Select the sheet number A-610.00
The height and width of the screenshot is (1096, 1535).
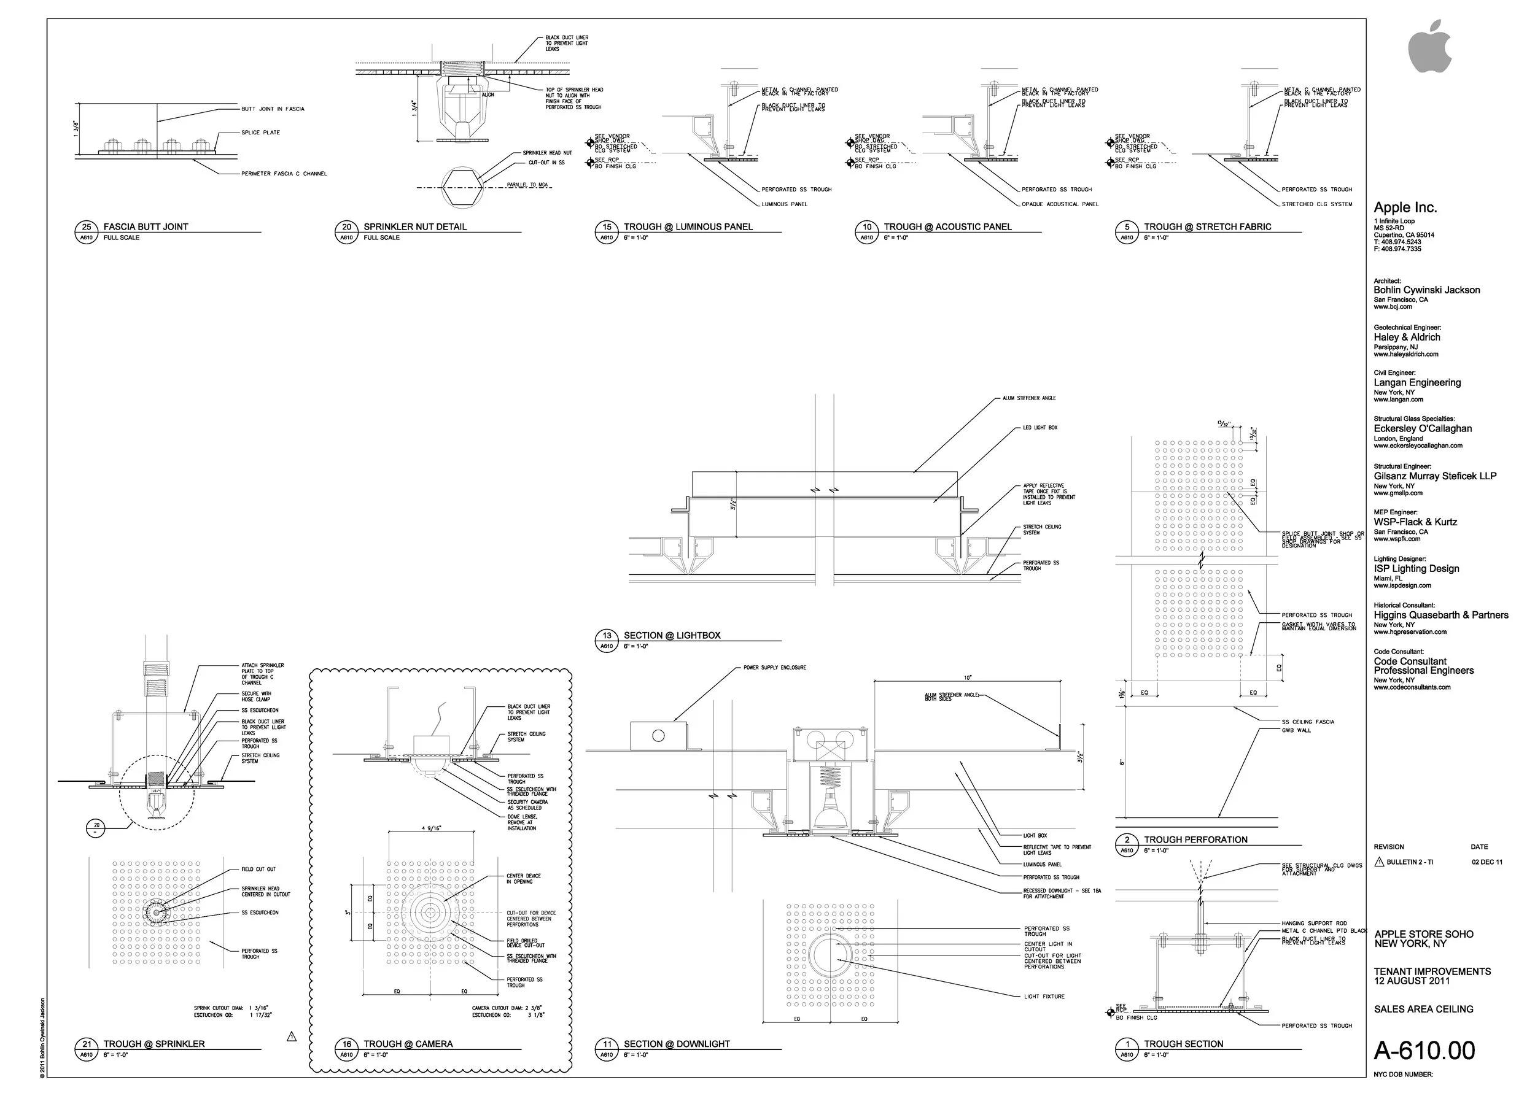coord(1424,1050)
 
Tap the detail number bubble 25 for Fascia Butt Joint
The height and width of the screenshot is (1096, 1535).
coord(87,227)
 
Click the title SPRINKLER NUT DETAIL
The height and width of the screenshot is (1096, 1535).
coord(414,227)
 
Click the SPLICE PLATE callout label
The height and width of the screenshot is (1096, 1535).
coord(261,133)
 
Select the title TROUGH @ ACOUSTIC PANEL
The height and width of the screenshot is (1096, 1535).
coord(947,227)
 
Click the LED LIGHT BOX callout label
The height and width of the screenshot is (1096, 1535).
coord(1040,428)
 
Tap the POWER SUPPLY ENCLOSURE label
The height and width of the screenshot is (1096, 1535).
coord(775,668)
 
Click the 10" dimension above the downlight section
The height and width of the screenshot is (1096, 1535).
coord(968,677)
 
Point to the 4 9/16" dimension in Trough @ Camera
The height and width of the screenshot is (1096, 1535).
coord(432,828)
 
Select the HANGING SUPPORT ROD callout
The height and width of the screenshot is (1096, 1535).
coord(1313,923)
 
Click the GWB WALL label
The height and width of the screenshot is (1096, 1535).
coord(1296,730)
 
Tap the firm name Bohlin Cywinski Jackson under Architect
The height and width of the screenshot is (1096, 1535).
coord(1426,290)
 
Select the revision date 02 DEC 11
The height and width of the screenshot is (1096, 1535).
coord(1487,862)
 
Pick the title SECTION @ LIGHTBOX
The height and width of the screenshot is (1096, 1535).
coord(671,635)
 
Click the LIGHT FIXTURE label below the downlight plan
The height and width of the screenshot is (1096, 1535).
coord(1044,996)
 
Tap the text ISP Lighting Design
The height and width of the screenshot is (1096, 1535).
coord(1416,568)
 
